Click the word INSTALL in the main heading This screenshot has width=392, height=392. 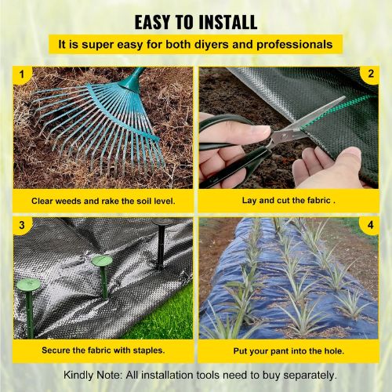tap(228, 22)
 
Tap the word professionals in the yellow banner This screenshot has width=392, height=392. tap(295, 45)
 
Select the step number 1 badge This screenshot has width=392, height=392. tap(22, 75)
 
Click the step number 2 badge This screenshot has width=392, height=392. tap(370, 74)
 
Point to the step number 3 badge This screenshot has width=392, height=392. tap(22, 225)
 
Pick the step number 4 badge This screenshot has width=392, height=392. tap(370, 225)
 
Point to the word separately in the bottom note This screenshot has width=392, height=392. tap(310, 376)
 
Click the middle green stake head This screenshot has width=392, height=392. tap(102, 260)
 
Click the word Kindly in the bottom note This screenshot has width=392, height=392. tap(78, 376)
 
